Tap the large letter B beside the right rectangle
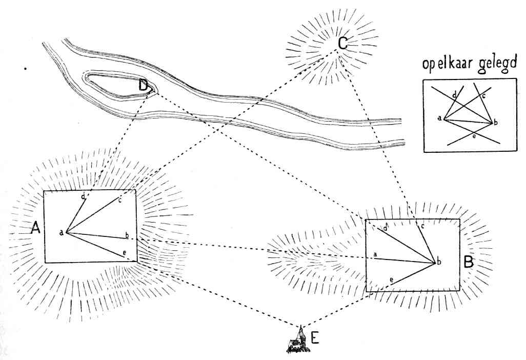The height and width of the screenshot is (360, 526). point(468,263)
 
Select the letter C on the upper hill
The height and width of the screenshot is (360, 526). point(343,44)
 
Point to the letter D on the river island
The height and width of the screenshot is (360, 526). point(145,86)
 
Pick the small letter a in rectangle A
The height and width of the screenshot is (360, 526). point(61,233)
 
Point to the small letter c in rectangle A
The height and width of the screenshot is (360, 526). point(119,199)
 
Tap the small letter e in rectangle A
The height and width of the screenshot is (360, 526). point(124,253)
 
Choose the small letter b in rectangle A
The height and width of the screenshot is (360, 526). point(127,235)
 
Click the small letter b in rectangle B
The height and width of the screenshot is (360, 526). point(438,262)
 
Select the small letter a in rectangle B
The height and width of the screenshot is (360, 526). point(375,254)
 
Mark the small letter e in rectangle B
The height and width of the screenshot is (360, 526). point(391,279)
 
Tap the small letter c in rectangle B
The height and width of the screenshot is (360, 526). point(422,226)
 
